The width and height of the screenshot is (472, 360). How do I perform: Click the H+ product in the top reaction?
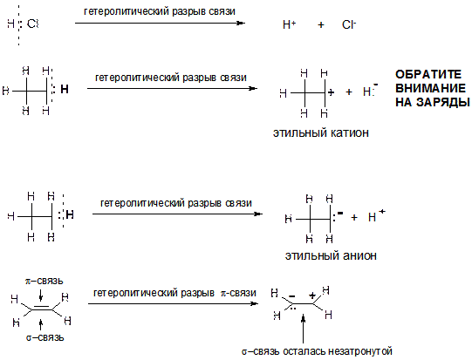pos(290,24)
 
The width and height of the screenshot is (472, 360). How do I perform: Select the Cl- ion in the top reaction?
pos(349,24)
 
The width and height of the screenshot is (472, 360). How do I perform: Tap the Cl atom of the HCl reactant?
pos(32,24)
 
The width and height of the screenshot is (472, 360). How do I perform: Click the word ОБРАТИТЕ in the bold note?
pos(428,74)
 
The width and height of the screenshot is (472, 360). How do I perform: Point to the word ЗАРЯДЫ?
pos(446,102)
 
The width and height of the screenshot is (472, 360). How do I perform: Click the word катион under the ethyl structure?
pos(350,132)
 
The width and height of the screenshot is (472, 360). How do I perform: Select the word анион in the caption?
pos(358,255)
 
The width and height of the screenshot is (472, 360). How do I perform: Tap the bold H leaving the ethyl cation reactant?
pos(65,89)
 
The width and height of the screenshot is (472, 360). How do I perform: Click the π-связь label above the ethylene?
pos(44,281)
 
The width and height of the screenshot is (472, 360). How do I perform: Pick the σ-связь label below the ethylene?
pos(44,337)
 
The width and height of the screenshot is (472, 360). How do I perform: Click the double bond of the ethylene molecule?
pos(42,308)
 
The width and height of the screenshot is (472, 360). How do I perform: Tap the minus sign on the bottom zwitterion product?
pos(291,296)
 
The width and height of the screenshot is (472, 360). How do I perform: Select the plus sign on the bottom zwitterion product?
pos(312,295)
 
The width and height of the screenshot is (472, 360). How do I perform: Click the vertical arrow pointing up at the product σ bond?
pos(303,329)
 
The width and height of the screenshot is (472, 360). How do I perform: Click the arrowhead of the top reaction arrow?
pos(241,23)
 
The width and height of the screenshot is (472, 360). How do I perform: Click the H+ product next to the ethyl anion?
pos(376,215)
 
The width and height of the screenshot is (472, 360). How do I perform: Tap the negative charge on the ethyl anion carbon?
pos(340,214)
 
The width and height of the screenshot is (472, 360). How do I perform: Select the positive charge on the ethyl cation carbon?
pos(332,92)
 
